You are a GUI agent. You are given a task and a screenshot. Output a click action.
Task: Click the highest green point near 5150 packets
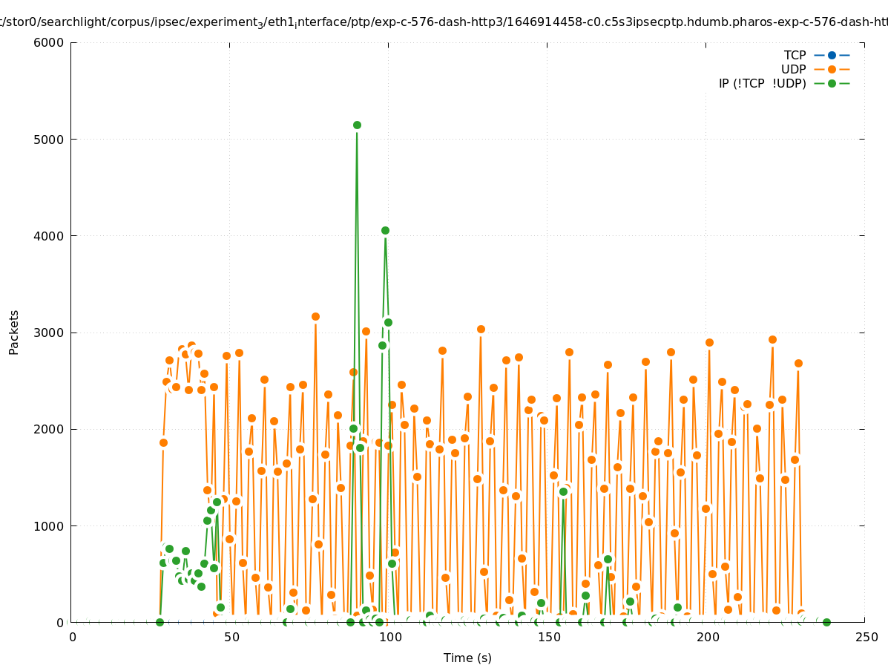point(357,125)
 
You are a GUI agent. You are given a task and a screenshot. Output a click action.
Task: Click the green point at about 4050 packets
point(385,230)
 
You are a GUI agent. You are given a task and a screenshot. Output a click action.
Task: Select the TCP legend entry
point(795,55)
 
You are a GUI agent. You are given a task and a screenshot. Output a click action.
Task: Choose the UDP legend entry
point(793,69)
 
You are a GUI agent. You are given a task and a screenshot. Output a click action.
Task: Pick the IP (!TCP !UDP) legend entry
point(762,83)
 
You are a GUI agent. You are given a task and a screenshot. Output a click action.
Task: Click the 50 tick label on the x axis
point(231,638)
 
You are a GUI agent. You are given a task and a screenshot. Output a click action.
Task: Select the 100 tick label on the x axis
point(390,638)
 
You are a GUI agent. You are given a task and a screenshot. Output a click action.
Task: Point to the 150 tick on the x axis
point(549,638)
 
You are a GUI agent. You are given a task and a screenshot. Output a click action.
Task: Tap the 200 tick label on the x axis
point(708,638)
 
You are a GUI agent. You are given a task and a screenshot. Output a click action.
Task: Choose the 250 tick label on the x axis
point(866,638)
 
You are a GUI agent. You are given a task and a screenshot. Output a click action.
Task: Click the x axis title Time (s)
point(467,658)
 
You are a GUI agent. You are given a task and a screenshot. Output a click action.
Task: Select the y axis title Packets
point(14,332)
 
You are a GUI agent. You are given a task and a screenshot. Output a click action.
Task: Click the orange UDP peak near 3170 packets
point(315,316)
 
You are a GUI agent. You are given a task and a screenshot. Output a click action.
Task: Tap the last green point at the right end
point(826,622)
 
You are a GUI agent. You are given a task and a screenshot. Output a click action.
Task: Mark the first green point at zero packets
point(159,622)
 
